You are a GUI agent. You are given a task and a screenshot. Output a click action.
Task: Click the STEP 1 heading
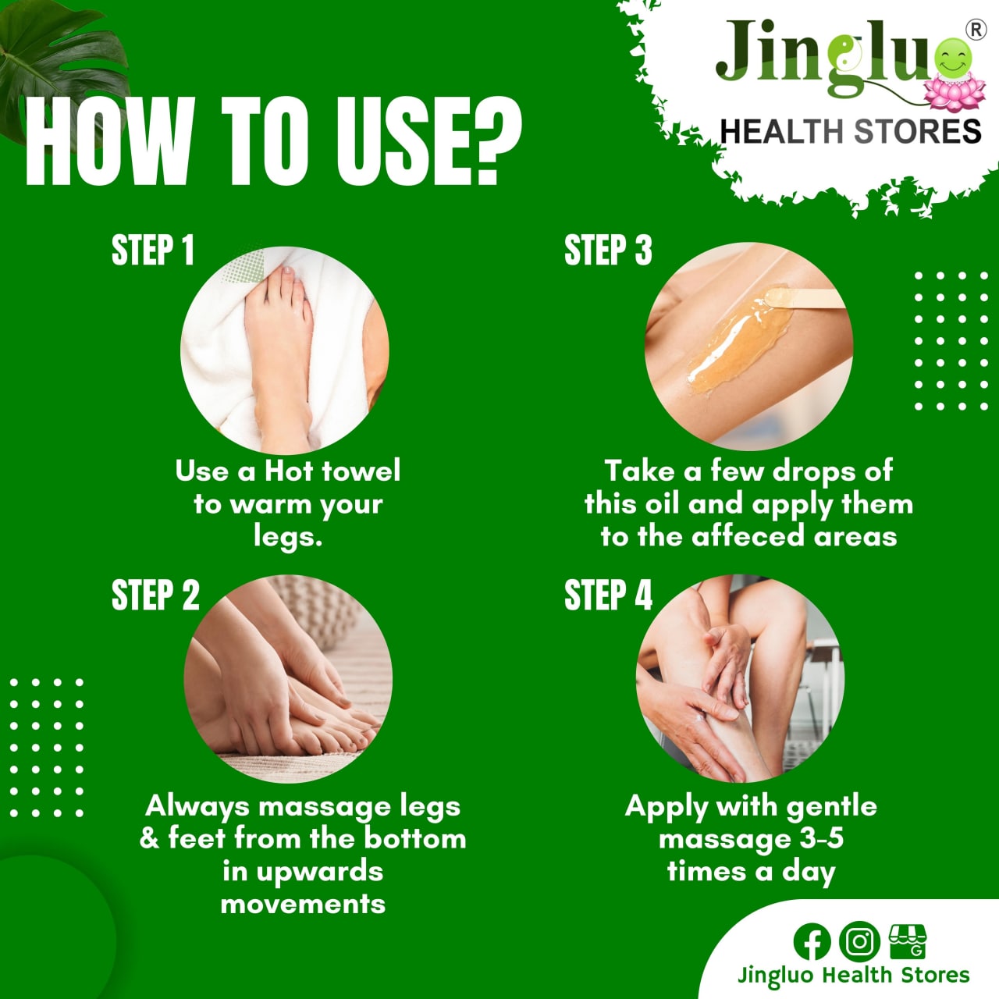152,251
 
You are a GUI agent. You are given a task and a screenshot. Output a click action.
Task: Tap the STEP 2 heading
155,595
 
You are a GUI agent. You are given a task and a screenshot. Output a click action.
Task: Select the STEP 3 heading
607,251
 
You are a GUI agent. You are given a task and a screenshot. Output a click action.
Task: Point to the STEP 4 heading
607,595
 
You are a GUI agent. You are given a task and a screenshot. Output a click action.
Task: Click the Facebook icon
812,941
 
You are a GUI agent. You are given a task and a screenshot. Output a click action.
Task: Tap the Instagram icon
859,941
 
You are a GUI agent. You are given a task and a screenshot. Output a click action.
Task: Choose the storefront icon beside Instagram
907,941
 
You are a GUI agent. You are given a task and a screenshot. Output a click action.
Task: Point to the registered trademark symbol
975,30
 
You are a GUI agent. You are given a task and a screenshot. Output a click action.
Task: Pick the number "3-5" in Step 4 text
821,839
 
